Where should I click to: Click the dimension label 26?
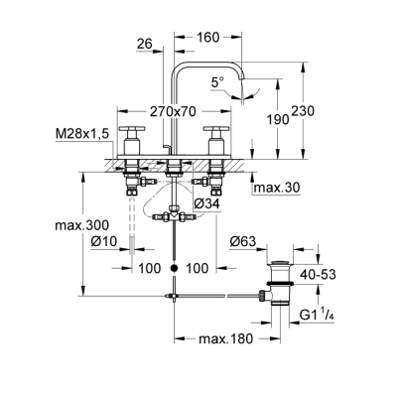pyautogui.click(x=146, y=43)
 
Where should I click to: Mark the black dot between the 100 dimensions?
pyautogui.click(x=174, y=268)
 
